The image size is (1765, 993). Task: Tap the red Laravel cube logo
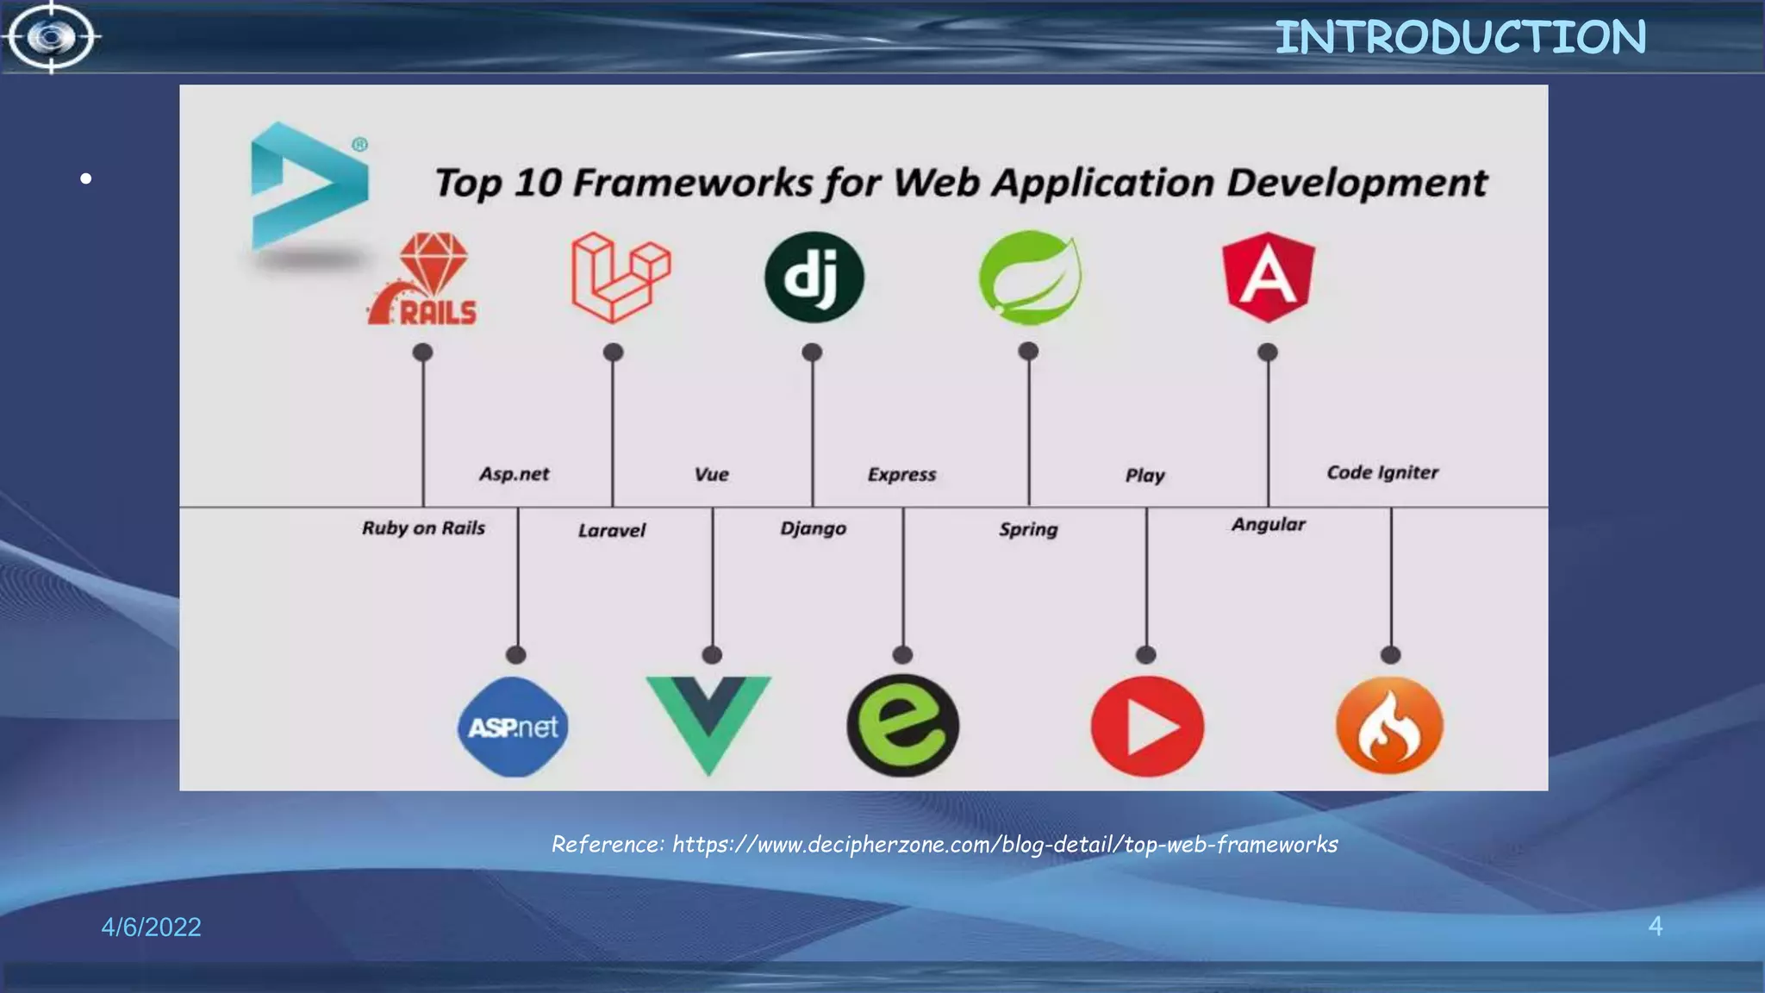pos(620,278)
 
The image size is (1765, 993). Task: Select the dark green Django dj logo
pos(814,278)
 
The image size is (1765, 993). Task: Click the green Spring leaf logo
pos(1030,278)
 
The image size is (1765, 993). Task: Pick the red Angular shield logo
pos(1268,277)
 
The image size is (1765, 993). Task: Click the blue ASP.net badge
pos(514,727)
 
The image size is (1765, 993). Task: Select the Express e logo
pos(902,725)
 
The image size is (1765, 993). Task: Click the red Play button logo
pos(1147,726)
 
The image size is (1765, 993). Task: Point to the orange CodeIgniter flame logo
pos(1389,725)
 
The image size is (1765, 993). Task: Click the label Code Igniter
pos(1382,472)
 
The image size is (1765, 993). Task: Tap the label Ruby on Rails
pos(423,528)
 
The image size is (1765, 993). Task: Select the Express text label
pos(901,474)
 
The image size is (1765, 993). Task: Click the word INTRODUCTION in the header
pos(1460,38)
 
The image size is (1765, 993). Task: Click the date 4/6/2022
pos(151,927)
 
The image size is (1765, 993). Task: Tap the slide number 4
pos(1655,926)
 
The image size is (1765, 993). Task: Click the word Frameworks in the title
pos(692,183)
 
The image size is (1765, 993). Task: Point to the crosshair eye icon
pos(52,37)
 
